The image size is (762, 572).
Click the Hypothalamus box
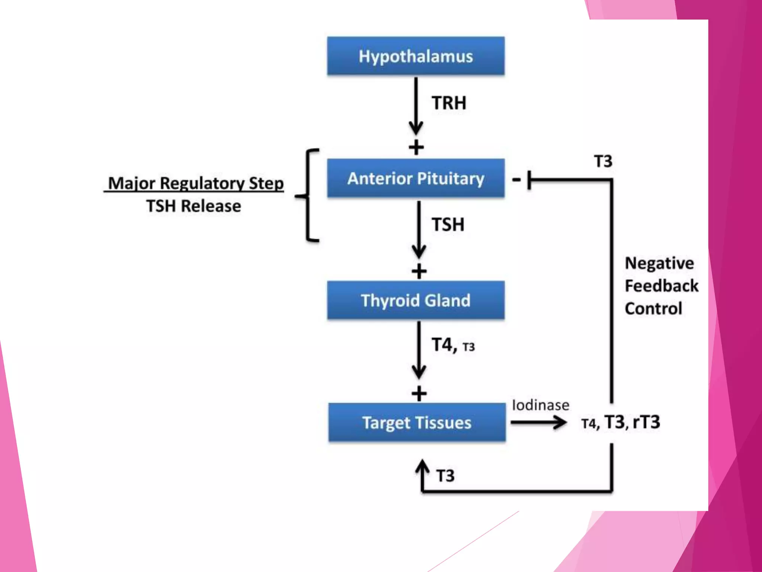click(x=416, y=56)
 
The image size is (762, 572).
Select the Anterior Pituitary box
click(x=416, y=178)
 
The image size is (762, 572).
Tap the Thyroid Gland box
click(x=416, y=301)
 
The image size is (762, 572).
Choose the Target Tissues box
click(x=417, y=423)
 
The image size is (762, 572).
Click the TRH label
click(x=449, y=103)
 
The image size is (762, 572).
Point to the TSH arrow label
click(x=448, y=225)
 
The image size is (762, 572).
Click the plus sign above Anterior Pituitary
click(x=416, y=147)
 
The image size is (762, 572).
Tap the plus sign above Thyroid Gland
click(x=419, y=271)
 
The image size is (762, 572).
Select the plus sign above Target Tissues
click(x=419, y=394)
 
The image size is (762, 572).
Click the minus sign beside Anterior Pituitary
click(x=516, y=180)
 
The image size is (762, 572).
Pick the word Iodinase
click(x=540, y=405)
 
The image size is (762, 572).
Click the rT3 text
click(x=646, y=422)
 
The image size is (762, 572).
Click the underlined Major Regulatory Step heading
click(x=195, y=183)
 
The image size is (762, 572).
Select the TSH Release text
click(x=193, y=206)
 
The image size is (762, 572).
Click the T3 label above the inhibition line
click(x=603, y=161)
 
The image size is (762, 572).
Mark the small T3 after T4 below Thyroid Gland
click(x=468, y=347)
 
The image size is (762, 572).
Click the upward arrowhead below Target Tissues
click(x=422, y=466)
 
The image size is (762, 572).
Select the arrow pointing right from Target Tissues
click(x=538, y=422)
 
